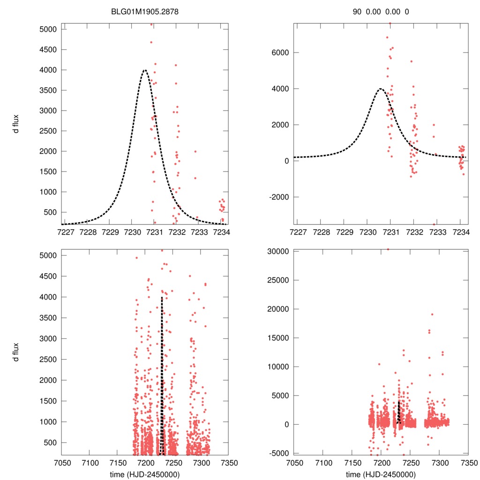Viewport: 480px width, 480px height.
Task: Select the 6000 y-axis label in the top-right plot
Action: [279, 52]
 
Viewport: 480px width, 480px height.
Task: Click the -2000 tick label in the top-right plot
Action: [277, 197]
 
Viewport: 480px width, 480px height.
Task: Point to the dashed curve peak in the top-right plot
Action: [380, 89]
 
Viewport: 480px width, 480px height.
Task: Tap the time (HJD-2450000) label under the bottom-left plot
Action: [144, 474]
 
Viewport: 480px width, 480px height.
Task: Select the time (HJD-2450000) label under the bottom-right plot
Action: [380, 474]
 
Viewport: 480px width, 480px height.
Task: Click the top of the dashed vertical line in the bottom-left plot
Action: [162, 297]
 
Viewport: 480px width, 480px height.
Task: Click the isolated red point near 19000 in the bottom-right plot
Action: [432, 314]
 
